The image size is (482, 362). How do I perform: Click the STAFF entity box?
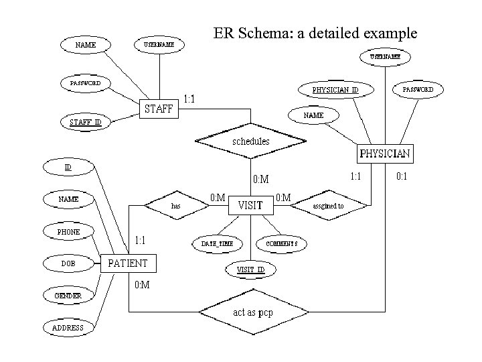(x=159, y=108)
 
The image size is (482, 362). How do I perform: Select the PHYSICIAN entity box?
(x=385, y=154)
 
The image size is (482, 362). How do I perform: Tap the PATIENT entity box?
(x=127, y=263)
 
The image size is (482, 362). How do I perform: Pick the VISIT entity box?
(x=250, y=205)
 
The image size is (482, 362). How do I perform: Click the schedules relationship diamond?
(x=250, y=141)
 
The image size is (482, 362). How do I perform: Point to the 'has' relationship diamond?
(x=175, y=206)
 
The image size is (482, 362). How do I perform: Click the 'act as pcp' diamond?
(x=253, y=312)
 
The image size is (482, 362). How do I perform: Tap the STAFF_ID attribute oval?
(x=85, y=122)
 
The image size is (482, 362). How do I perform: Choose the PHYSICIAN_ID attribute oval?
(x=335, y=89)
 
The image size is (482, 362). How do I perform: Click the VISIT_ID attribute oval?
(x=251, y=269)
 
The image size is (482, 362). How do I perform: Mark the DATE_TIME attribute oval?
(x=218, y=243)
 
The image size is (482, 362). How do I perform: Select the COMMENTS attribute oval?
(x=282, y=243)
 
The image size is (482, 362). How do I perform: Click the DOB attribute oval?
(x=68, y=263)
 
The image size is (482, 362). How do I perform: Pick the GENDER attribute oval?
(x=68, y=296)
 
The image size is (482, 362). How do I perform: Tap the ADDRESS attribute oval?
(x=68, y=328)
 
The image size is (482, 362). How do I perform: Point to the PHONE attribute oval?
(x=68, y=232)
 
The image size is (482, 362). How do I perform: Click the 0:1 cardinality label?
(x=402, y=176)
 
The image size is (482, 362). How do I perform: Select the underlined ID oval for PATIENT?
(x=68, y=166)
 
